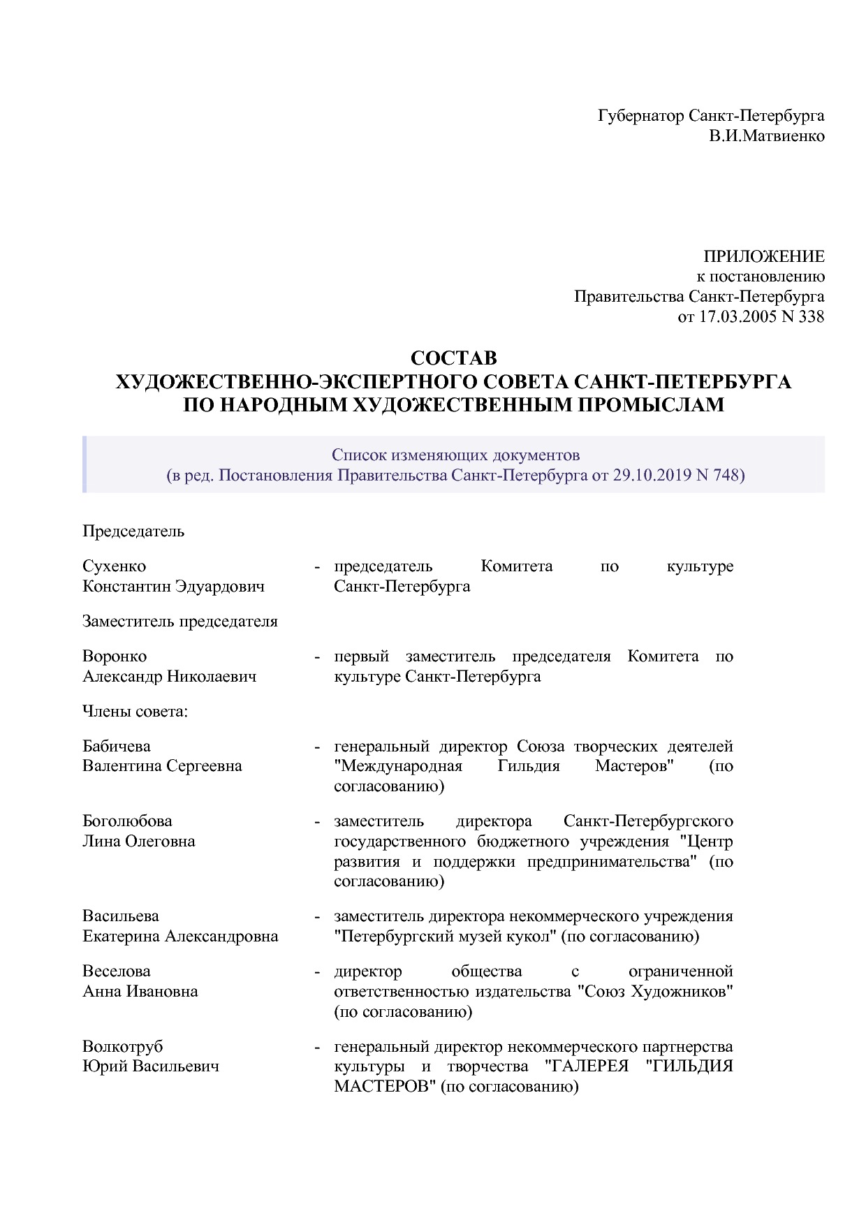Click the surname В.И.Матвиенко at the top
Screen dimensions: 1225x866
(x=767, y=135)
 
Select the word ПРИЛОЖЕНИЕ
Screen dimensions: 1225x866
(x=763, y=256)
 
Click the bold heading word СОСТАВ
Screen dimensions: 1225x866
(x=453, y=358)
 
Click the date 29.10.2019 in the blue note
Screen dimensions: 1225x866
(x=651, y=476)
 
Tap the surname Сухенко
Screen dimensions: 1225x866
(x=114, y=566)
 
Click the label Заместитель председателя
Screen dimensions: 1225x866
(x=180, y=621)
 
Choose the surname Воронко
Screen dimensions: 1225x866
(x=115, y=656)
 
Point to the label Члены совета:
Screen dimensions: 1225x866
(x=136, y=712)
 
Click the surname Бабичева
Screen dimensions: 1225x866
(x=117, y=747)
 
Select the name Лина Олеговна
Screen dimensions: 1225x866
(x=139, y=841)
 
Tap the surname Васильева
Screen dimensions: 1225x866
(x=121, y=916)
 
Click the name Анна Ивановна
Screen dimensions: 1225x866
(x=140, y=991)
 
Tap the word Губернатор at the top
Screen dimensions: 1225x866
(x=641, y=115)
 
